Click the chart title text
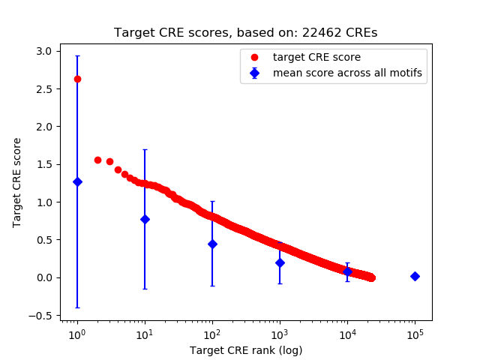[245, 33]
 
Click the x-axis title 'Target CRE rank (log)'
[245, 349]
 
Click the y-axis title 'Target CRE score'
[16, 182]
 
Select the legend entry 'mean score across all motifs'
[346, 73]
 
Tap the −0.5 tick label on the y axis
[39, 316]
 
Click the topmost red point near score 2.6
[77, 79]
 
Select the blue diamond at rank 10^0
[77, 181]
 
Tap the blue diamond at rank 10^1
[145, 219]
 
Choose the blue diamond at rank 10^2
[212, 244]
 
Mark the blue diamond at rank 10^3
[280, 262]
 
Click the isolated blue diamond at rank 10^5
[415, 276]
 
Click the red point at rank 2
[97, 160]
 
